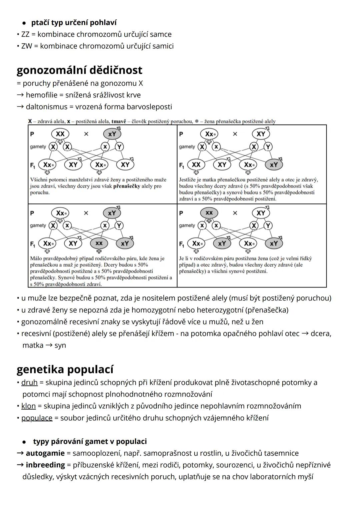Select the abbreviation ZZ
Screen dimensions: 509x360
click(x=25, y=34)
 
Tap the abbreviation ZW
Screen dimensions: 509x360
click(x=26, y=46)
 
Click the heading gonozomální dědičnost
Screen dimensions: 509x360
click(x=79, y=70)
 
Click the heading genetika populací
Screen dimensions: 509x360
click(x=65, y=370)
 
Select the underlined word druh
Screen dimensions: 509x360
click(x=29, y=383)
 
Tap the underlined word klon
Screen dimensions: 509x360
click(x=28, y=406)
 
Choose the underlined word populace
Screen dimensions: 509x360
click(x=37, y=418)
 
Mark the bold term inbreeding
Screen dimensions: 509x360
click(x=45, y=465)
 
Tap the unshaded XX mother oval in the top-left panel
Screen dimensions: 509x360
click(x=60, y=134)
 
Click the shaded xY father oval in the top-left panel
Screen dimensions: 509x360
click(x=112, y=134)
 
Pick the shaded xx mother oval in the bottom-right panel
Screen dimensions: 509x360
click(x=209, y=213)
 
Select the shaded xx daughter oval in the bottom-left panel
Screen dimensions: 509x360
click(x=99, y=243)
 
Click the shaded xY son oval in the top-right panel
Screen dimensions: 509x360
click(x=274, y=165)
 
